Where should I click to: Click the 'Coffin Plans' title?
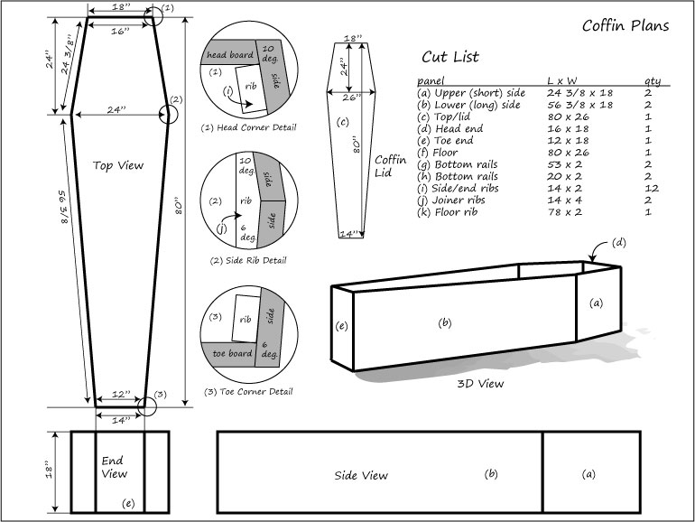625,25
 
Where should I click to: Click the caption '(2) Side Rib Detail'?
248,260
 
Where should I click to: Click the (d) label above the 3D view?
619,242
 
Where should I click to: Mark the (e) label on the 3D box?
340,325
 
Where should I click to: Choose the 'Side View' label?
362,475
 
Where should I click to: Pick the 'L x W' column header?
563,79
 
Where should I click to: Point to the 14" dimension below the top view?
120,421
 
